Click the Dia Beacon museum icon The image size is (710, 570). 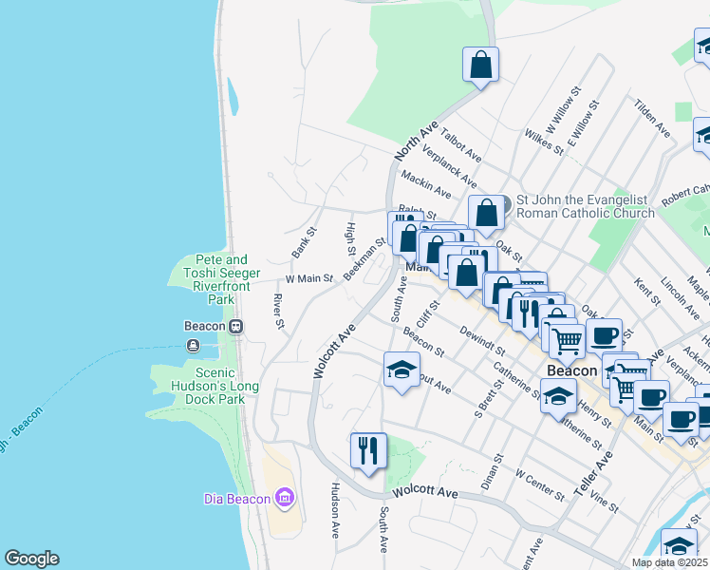(284, 498)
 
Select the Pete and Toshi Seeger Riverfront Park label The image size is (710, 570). (221, 272)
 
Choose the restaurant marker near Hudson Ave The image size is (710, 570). (368, 450)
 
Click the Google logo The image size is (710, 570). (31, 559)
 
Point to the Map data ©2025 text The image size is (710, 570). (668, 562)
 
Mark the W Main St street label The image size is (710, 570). (308, 279)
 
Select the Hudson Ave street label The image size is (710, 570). (335, 510)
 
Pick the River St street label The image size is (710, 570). (279, 313)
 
